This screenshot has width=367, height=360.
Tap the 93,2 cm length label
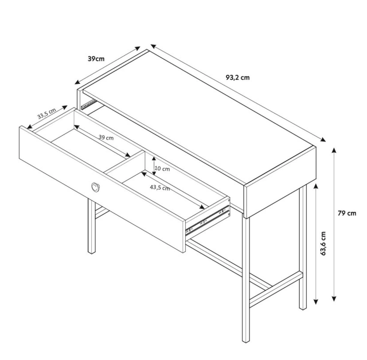coord(237,78)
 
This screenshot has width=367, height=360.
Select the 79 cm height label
coord(347,213)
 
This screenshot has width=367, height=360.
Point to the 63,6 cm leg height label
coord(323,243)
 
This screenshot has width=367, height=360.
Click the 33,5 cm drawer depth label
coord(47,114)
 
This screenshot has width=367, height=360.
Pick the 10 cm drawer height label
coord(162,169)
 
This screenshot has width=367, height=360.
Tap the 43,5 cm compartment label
coord(160,188)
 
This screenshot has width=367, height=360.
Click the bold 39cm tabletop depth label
coord(96,59)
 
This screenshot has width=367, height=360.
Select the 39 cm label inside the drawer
coord(106,137)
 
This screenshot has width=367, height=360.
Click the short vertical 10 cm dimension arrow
coord(154,166)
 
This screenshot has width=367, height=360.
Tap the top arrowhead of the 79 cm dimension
coord(334,150)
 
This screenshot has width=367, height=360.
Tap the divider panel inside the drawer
coord(125,163)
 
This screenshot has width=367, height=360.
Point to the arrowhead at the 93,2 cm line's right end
coord(323,140)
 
